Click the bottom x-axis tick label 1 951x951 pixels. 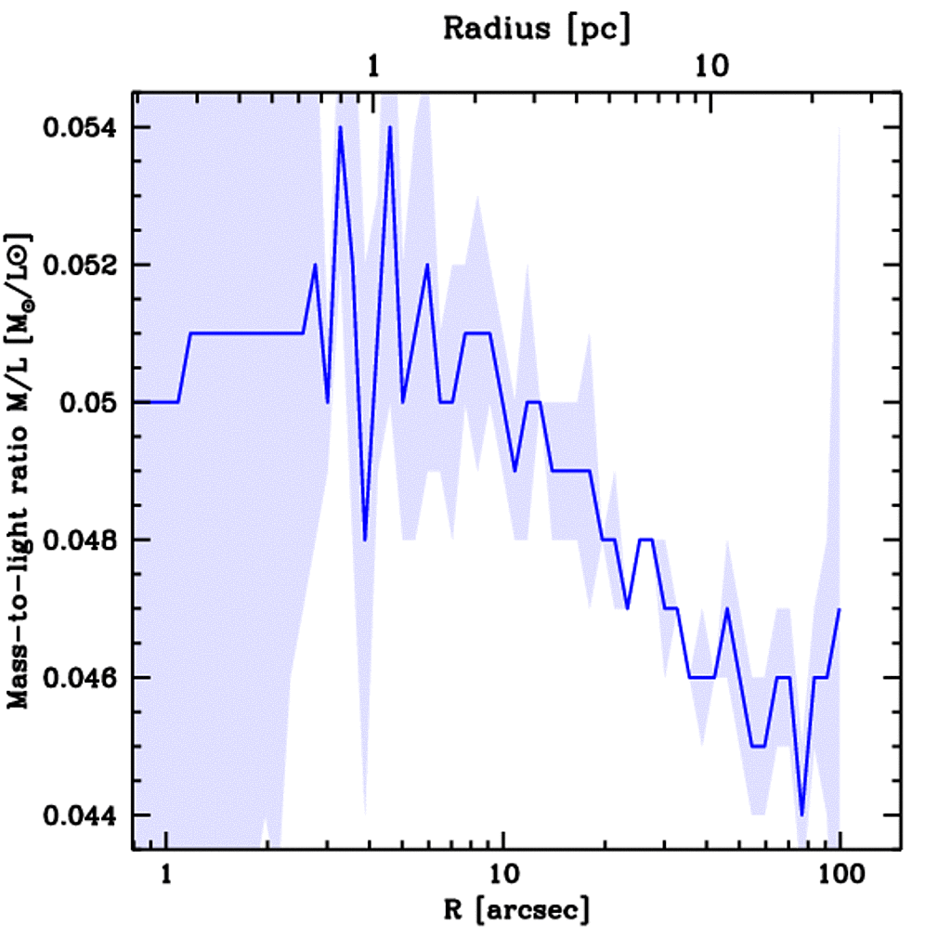[x=166, y=875]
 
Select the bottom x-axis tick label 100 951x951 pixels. [x=840, y=875]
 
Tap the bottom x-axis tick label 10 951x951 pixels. [x=502, y=875]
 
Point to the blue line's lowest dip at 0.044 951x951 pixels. [x=801, y=814]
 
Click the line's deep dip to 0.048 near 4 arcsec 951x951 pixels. [x=365, y=540]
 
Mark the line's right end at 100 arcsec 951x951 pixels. [x=840, y=609]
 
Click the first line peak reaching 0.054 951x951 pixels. [x=341, y=127]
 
